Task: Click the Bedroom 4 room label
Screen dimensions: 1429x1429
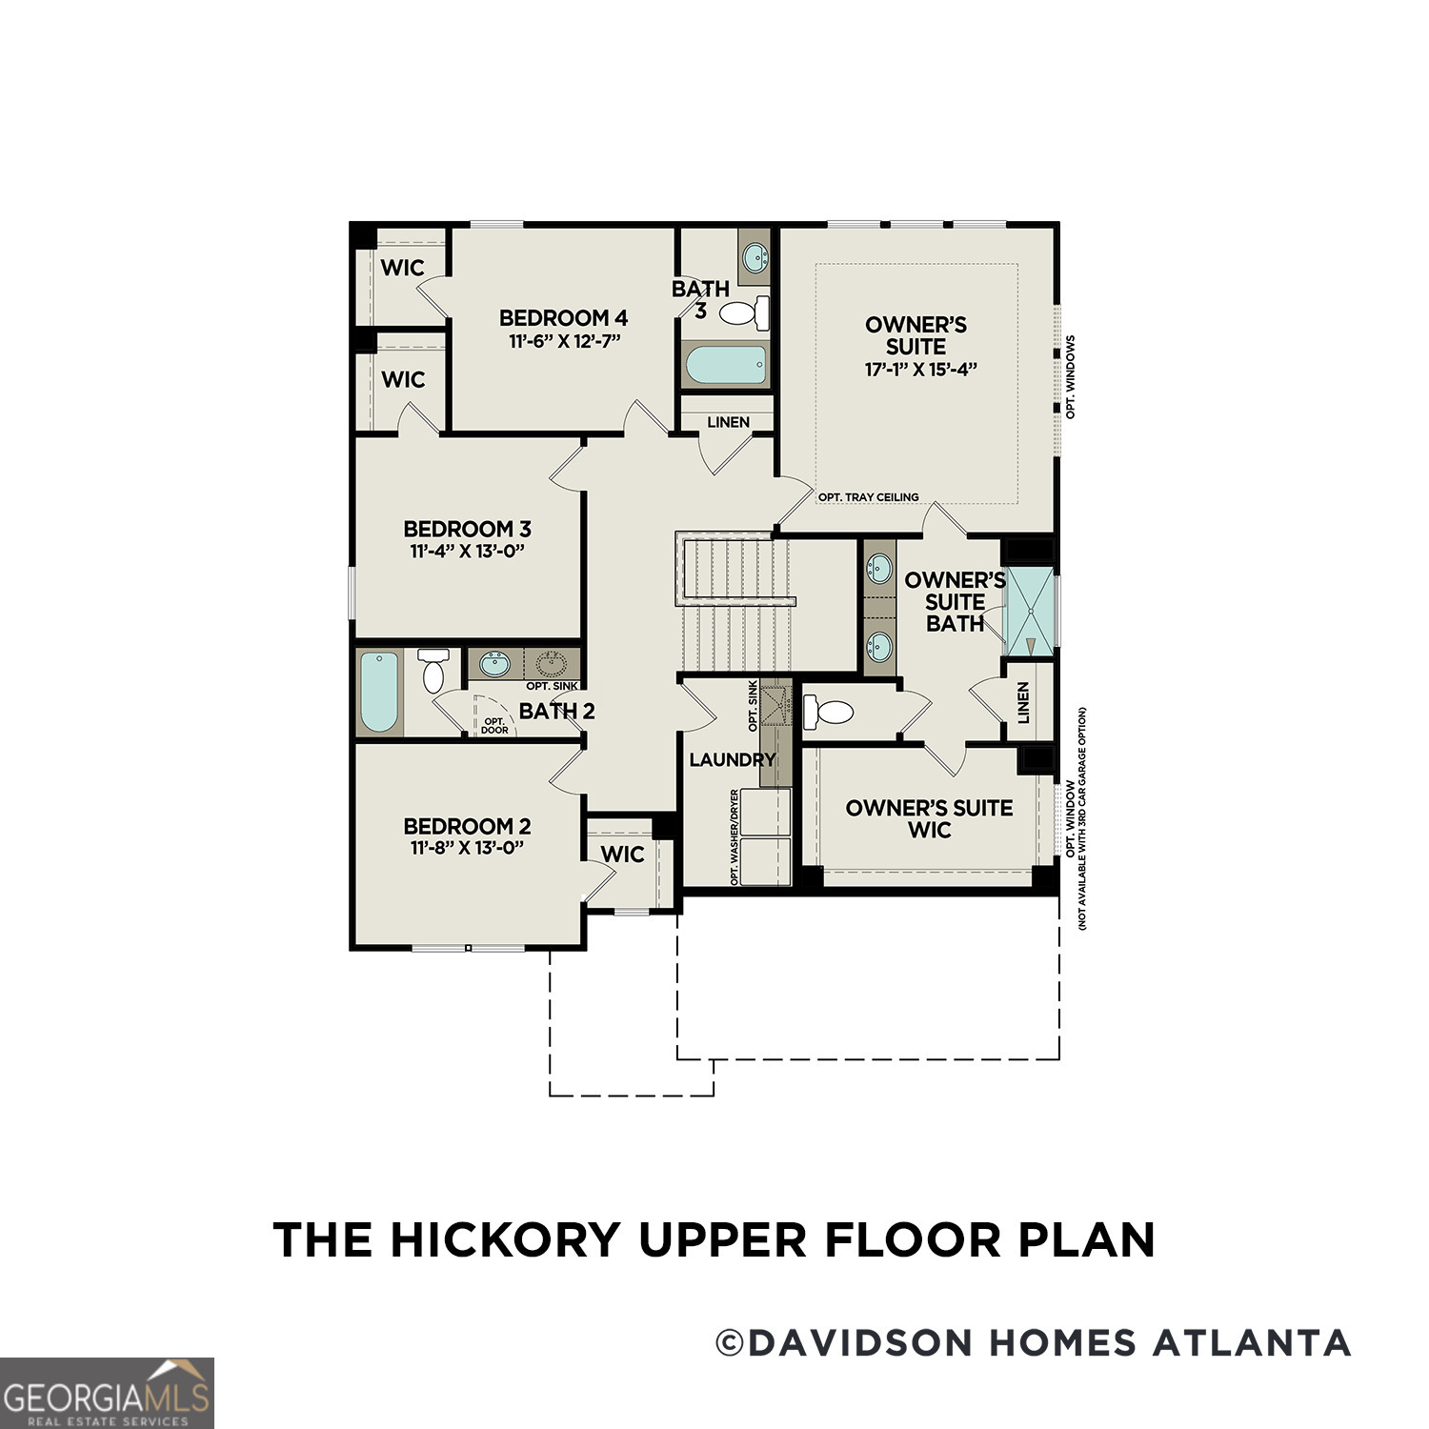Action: tap(563, 317)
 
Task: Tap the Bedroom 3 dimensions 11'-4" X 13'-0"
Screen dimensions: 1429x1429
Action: tap(468, 551)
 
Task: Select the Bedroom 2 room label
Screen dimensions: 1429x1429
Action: tap(467, 826)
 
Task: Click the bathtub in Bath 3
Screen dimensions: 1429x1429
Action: tap(726, 365)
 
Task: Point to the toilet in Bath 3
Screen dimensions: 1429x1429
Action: tap(744, 312)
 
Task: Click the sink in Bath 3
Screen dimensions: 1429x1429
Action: tap(755, 255)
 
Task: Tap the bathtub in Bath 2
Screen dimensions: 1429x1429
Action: tap(378, 692)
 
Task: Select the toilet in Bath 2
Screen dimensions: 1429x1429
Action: tap(433, 671)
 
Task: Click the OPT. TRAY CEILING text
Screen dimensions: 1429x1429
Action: tap(868, 497)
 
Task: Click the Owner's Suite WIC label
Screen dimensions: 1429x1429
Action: tap(929, 818)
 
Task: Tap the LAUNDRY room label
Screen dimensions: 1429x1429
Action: tap(732, 759)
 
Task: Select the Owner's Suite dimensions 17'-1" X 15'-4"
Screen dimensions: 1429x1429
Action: tap(921, 370)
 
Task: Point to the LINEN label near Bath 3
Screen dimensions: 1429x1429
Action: tap(728, 422)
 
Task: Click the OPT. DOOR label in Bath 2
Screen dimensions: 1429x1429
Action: tap(494, 726)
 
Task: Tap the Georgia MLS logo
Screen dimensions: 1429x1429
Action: tap(106, 1392)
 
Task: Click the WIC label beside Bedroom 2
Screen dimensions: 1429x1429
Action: tap(622, 855)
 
